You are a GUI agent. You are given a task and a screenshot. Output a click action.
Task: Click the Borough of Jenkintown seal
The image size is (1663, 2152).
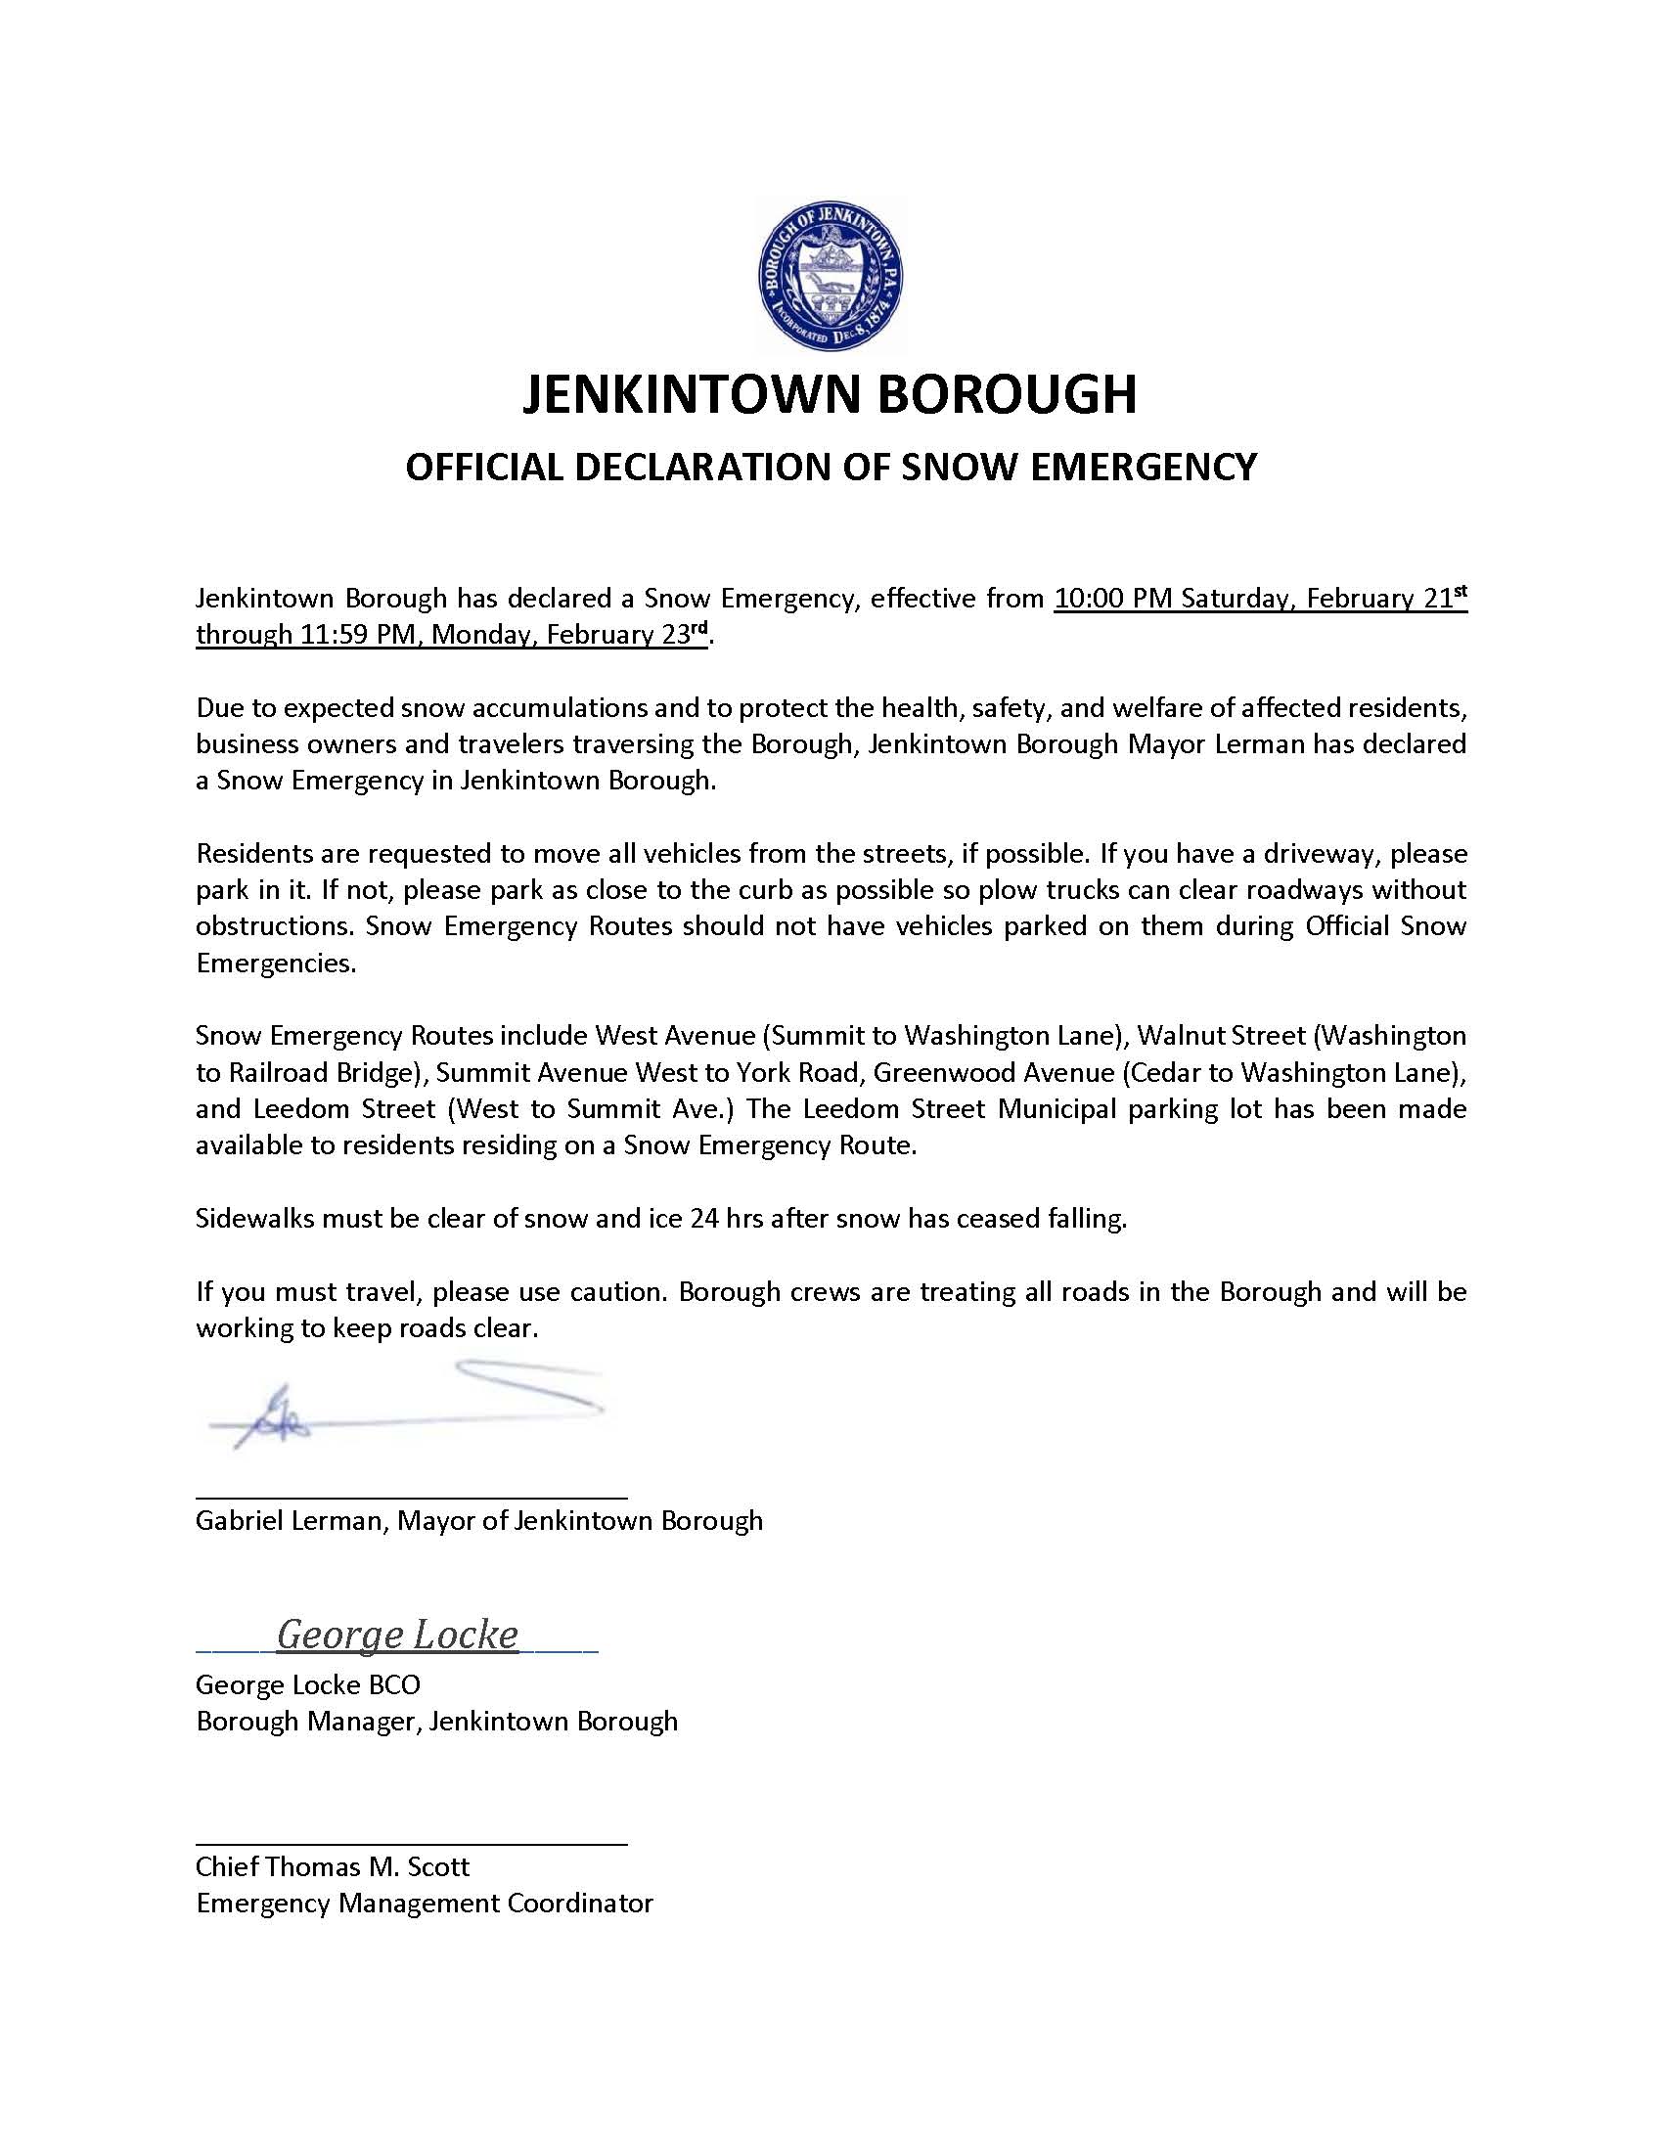(831, 276)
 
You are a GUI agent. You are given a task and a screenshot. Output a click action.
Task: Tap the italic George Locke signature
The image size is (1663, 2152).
(397, 1635)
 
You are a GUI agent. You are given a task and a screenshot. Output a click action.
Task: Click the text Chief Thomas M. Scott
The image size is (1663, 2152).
(332, 1866)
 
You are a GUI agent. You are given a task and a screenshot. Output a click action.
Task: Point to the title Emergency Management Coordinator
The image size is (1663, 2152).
(424, 1903)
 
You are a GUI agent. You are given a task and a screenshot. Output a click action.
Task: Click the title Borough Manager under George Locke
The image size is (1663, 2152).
(309, 1722)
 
